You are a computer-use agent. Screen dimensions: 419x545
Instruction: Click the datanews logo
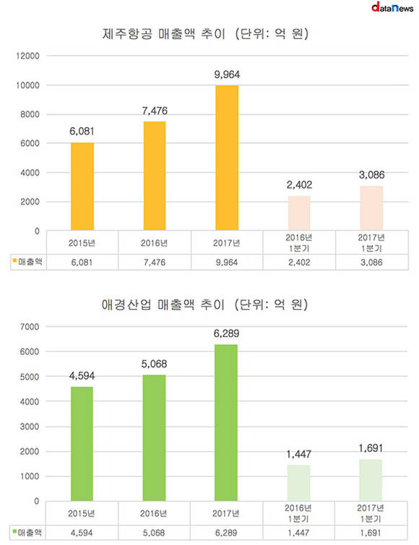392,7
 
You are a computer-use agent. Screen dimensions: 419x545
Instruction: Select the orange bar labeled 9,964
227,158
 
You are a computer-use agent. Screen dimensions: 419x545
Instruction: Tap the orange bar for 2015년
82,186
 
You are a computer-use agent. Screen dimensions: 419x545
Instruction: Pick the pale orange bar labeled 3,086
371,208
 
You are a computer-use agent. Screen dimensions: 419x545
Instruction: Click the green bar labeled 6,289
226,423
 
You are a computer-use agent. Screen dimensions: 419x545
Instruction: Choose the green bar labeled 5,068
154,438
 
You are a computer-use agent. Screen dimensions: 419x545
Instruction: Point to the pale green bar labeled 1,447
298,483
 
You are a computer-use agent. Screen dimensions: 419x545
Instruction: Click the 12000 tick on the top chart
28,56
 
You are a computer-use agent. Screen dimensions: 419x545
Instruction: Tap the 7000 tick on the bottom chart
30,327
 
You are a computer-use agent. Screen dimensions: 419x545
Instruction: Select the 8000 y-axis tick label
30,114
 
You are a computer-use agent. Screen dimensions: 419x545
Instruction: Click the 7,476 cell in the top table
155,263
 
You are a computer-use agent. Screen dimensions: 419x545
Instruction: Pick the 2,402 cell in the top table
299,263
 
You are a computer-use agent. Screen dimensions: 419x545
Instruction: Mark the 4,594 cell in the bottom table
82,533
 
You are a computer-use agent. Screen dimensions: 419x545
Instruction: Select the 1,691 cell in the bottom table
371,533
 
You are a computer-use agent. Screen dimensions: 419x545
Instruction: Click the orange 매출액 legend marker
14,260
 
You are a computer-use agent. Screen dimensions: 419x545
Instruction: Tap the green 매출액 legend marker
14,531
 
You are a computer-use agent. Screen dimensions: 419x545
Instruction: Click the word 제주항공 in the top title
127,34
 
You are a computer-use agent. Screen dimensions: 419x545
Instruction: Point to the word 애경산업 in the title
126,305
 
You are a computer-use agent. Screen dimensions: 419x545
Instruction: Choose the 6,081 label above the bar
82,131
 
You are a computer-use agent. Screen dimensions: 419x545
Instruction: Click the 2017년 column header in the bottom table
226,513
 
